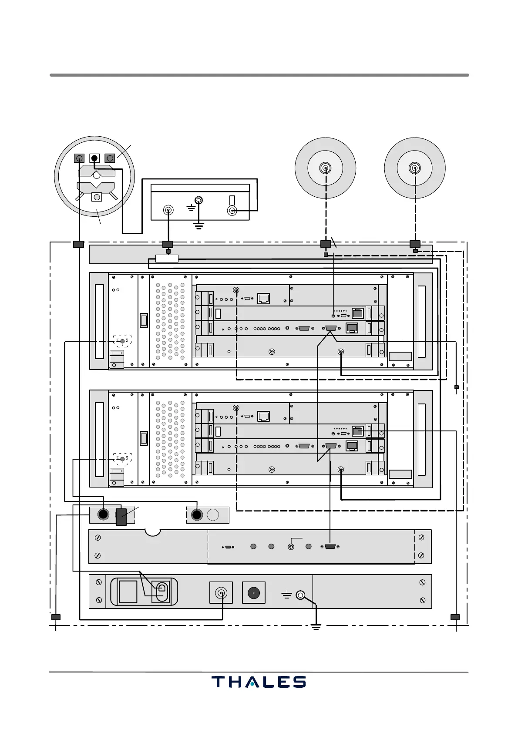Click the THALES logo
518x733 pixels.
click(x=259, y=682)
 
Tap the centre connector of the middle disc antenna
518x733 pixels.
click(x=325, y=168)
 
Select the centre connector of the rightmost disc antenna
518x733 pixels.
click(x=414, y=168)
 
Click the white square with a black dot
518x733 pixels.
click(x=94, y=158)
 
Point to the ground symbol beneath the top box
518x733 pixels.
click(x=198, y=226)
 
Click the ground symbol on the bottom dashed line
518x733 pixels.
click(x=316, y=627)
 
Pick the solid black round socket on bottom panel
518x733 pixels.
click(x=253, y=593)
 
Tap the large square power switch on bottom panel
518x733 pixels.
click(x=128, y=592)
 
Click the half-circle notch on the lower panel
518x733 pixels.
click(x=153, y=532)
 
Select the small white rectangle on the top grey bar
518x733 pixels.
click(x=167, y=259)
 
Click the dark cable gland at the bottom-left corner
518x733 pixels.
click(x=56, y=617)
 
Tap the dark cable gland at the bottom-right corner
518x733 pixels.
click(x=455, y=617)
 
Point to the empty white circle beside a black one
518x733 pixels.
click(x=213, y=515)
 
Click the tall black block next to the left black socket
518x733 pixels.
click(x=121, y=517)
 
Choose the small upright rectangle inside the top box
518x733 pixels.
click(x=232, y=200)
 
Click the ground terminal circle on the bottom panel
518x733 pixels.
click(x=300, y=595)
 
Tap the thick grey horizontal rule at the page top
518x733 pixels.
click(x=259, y=75)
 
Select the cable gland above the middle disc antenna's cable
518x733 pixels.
click(x=326, y=244)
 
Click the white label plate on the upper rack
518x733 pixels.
click(x=400, y=356)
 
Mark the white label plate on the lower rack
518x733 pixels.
click(x=400, y=474)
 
